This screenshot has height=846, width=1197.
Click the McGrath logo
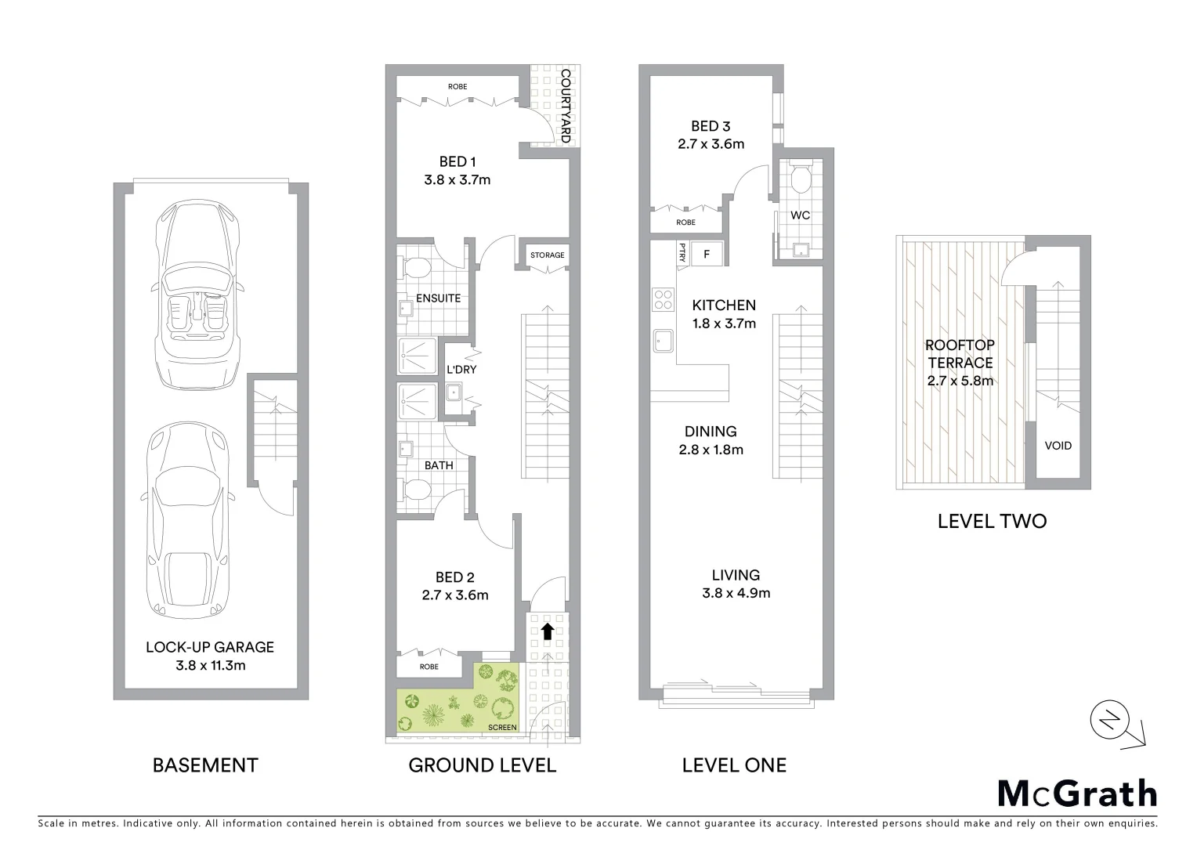[x=1077, y=794]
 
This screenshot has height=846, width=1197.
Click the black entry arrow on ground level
[x=548, y=631]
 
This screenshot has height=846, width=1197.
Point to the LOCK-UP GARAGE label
[x=210, y=647]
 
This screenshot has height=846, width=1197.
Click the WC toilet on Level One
[x=801, y=179]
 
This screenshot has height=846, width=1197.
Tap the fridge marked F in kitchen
[x=707, y=254]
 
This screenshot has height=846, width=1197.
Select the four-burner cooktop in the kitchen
[x=664, y=299]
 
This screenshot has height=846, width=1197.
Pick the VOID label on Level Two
[x=1058, y=446]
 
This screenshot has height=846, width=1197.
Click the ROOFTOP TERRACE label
[x=960, y=354]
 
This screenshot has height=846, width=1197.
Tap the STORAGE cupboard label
[x=547, y=255]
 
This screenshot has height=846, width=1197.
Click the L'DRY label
[x=461, y=370]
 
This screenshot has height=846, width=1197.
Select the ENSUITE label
[x=438, y=298]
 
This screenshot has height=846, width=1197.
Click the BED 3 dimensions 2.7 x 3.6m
[x=711, y=144]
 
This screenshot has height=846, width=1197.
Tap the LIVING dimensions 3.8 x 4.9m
[x=736, y=593]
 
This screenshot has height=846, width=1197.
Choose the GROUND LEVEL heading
[x=483, y=765]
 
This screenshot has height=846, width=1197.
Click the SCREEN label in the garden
[x=502, y=728]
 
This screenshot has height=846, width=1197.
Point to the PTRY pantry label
[x=682, y=252]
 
